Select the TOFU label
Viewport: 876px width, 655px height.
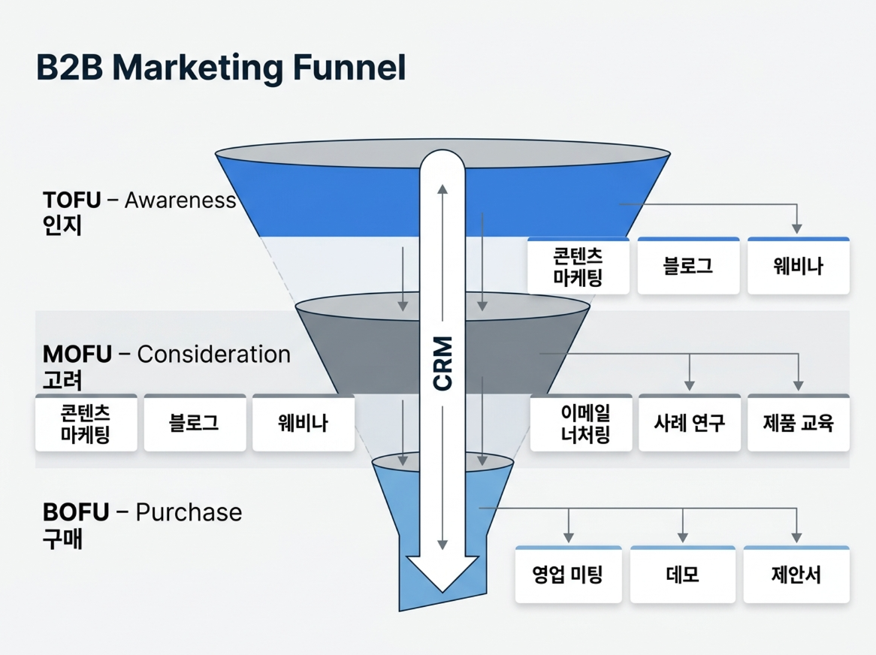tap(71, 201)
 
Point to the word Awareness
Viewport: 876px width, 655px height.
tap(180, 201)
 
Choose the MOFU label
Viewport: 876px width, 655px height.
tap(77, 355)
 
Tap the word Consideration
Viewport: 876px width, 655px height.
tap(214, 355)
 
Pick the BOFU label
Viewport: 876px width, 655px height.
tap(76, 513)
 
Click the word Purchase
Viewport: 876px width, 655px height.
tap(189, 513)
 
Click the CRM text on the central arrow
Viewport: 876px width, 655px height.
tap(443, 363)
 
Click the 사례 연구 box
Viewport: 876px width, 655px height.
tap(689, 423)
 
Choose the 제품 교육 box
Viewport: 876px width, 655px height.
tap(798, 423)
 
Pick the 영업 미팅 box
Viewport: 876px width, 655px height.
tap(568, 575)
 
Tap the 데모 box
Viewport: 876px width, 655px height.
tap(682, 575)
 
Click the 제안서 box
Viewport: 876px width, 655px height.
tap(796, 575)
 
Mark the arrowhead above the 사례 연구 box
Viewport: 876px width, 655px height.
tap(690, 385)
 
